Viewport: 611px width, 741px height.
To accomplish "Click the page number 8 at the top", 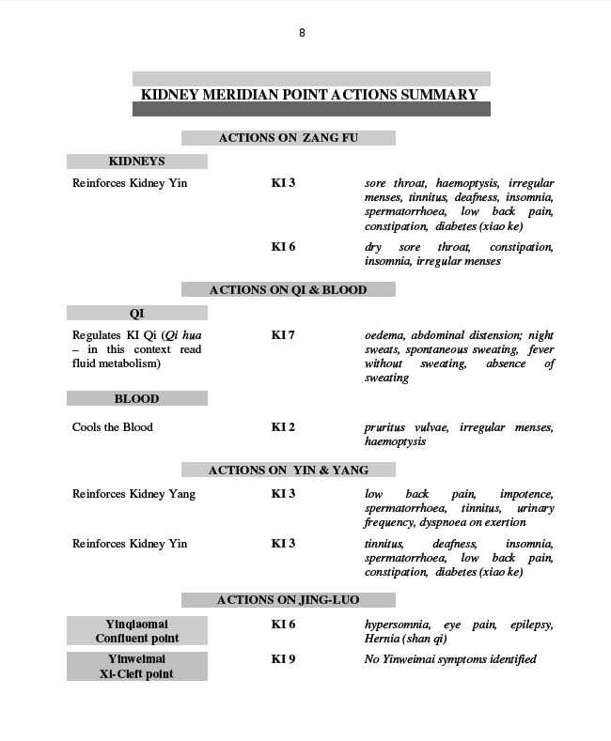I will tap(302, 33).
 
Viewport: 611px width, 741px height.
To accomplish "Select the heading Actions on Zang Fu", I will tap(288, 138).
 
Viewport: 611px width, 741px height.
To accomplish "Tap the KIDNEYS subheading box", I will tap(136, 162).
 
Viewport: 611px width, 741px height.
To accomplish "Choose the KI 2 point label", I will tap(283, 427).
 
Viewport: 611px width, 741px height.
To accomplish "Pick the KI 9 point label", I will tap(283, 659).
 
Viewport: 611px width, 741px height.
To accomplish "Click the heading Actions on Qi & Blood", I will tap(288, 290).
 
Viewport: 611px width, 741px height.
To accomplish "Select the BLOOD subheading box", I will tap(136, 399).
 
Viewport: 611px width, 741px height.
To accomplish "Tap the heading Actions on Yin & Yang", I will tap(288, 470).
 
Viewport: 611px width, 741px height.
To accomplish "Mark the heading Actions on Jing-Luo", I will tap(288, 599).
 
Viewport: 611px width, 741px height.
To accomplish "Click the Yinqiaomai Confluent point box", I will tap(136, 630).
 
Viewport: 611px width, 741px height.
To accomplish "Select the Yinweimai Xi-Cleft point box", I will tap(136, 666).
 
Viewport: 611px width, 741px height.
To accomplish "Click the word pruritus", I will tap(386, 427).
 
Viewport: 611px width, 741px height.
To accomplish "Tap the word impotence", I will tap(526, 494).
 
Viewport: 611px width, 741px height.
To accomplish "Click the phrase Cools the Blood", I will tap(112, 427).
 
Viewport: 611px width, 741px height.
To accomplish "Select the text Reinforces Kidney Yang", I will tap(133, 494).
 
